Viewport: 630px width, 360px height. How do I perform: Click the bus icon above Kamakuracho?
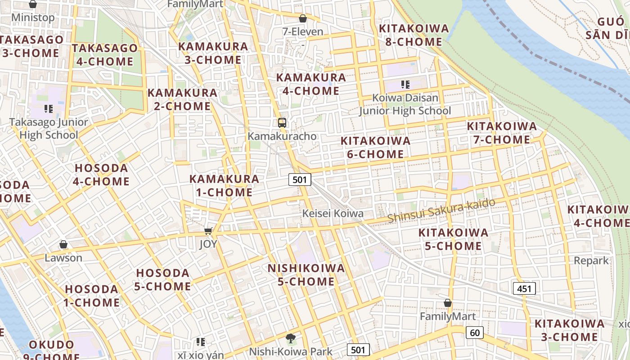click(282, 122)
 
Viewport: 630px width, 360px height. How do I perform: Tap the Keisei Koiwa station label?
click(333, 213)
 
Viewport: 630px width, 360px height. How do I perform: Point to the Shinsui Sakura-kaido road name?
click(441, 210)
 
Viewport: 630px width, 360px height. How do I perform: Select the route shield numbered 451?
click(524, 288)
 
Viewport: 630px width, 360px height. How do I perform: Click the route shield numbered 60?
click(475, 333)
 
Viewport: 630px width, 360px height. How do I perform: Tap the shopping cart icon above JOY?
click(208, 231)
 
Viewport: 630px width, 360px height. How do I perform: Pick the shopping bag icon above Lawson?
click(63, 244)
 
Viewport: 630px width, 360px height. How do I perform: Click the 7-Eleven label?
click(303, 31)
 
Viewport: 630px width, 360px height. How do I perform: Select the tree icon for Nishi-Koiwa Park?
click(291, 338)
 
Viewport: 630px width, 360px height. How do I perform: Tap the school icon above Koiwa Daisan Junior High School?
click(405, 84)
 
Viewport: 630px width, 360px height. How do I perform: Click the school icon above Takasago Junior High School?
click(49, 108)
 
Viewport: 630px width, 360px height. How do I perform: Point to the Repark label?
click(591, 261)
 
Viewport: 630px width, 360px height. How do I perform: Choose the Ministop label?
click(33, 18)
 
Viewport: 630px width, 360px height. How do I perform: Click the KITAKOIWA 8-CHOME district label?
click(414, 35)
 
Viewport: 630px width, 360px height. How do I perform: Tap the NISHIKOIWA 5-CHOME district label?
click(306, 275)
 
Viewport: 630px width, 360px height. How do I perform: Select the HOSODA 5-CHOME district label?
click(162, 279)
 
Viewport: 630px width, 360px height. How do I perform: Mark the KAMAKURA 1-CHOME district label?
click(224, 185)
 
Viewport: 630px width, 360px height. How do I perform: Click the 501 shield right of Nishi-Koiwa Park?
click(358, 350)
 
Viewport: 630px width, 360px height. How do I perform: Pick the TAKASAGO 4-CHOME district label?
click(104, 54)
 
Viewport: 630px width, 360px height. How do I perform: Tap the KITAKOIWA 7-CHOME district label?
click(502, 133)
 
